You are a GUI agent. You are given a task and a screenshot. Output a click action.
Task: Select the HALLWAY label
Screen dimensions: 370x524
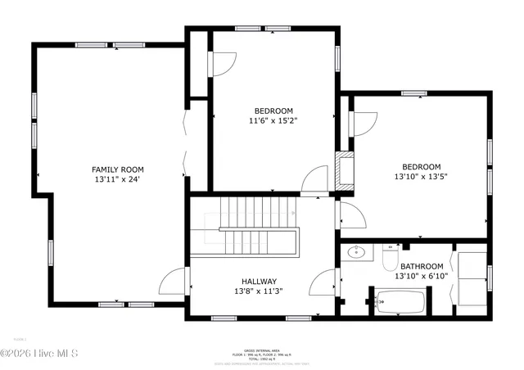258,281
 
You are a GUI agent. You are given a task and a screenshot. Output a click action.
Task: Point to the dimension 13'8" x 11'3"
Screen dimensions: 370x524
258,291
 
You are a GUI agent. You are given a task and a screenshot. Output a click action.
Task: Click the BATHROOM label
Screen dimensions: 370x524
422,266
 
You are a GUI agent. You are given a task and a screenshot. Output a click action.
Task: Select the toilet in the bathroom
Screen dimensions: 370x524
390,259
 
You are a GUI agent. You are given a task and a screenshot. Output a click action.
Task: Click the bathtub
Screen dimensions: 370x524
399,302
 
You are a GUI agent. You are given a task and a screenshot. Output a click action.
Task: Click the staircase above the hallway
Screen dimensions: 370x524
250,224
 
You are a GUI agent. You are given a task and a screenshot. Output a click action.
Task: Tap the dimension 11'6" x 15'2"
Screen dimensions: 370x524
273,120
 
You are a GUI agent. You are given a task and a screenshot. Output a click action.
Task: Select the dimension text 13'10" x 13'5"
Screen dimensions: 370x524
421,176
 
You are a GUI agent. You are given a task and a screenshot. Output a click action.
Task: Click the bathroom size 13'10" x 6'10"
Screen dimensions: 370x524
422,276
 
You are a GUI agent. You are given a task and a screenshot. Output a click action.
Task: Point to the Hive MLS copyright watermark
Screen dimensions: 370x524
39,353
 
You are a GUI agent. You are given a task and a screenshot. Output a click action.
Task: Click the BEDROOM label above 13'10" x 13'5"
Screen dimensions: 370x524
422,166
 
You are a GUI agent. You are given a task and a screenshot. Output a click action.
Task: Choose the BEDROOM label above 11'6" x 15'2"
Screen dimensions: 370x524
273,111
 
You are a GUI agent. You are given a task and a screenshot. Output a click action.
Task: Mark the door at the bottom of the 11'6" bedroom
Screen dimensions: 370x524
314,181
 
